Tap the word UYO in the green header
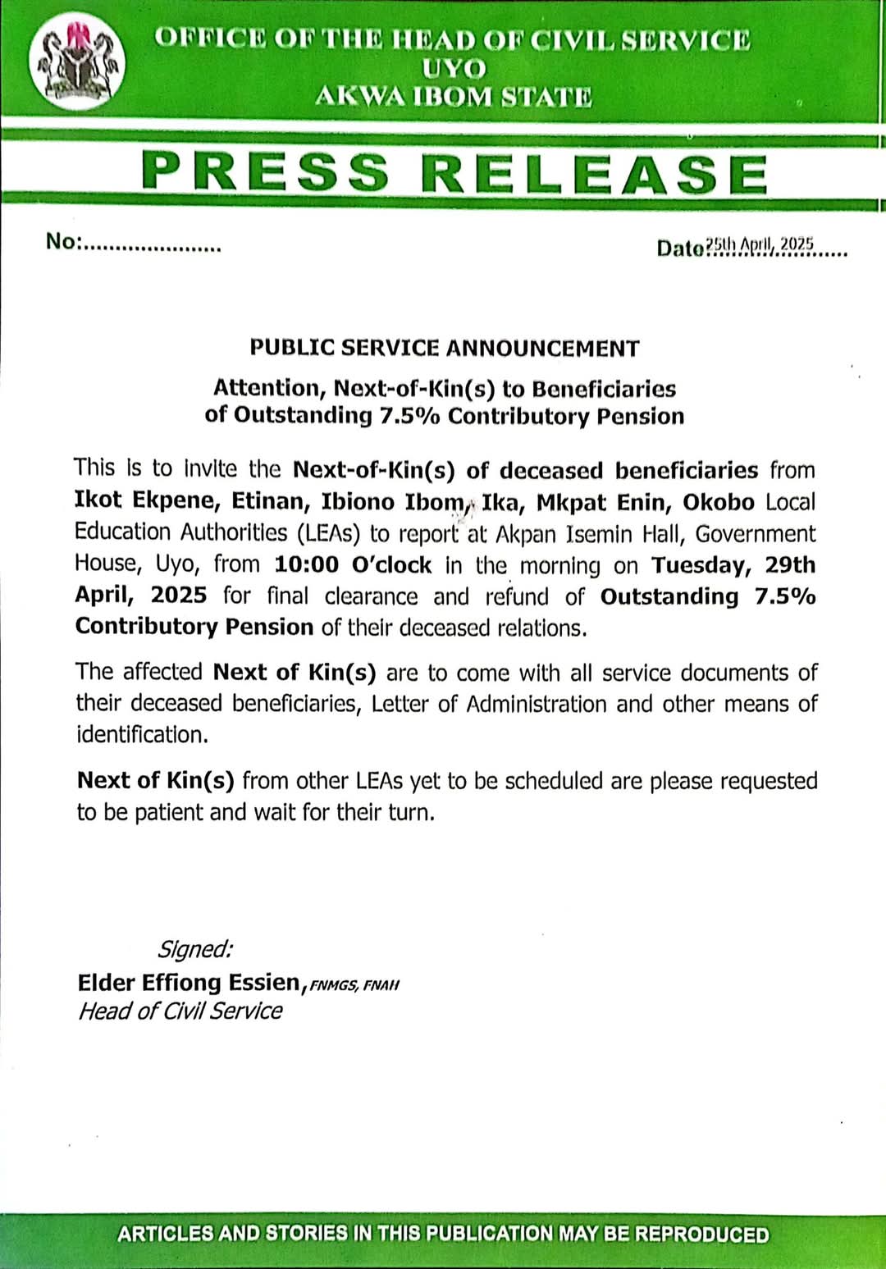click(x=453, y=68)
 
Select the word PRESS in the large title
click(x=265, y=172)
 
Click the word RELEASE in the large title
click(x=595, y=174)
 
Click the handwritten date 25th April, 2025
click(x=760, y=244)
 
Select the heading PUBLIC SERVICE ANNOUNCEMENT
click(x=445, y=348)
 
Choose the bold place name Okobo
click(x=718, y=502)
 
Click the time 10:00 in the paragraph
click(x=306, y=565)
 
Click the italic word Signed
click(x=194, y=949)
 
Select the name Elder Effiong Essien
click(x=190, y=982)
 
